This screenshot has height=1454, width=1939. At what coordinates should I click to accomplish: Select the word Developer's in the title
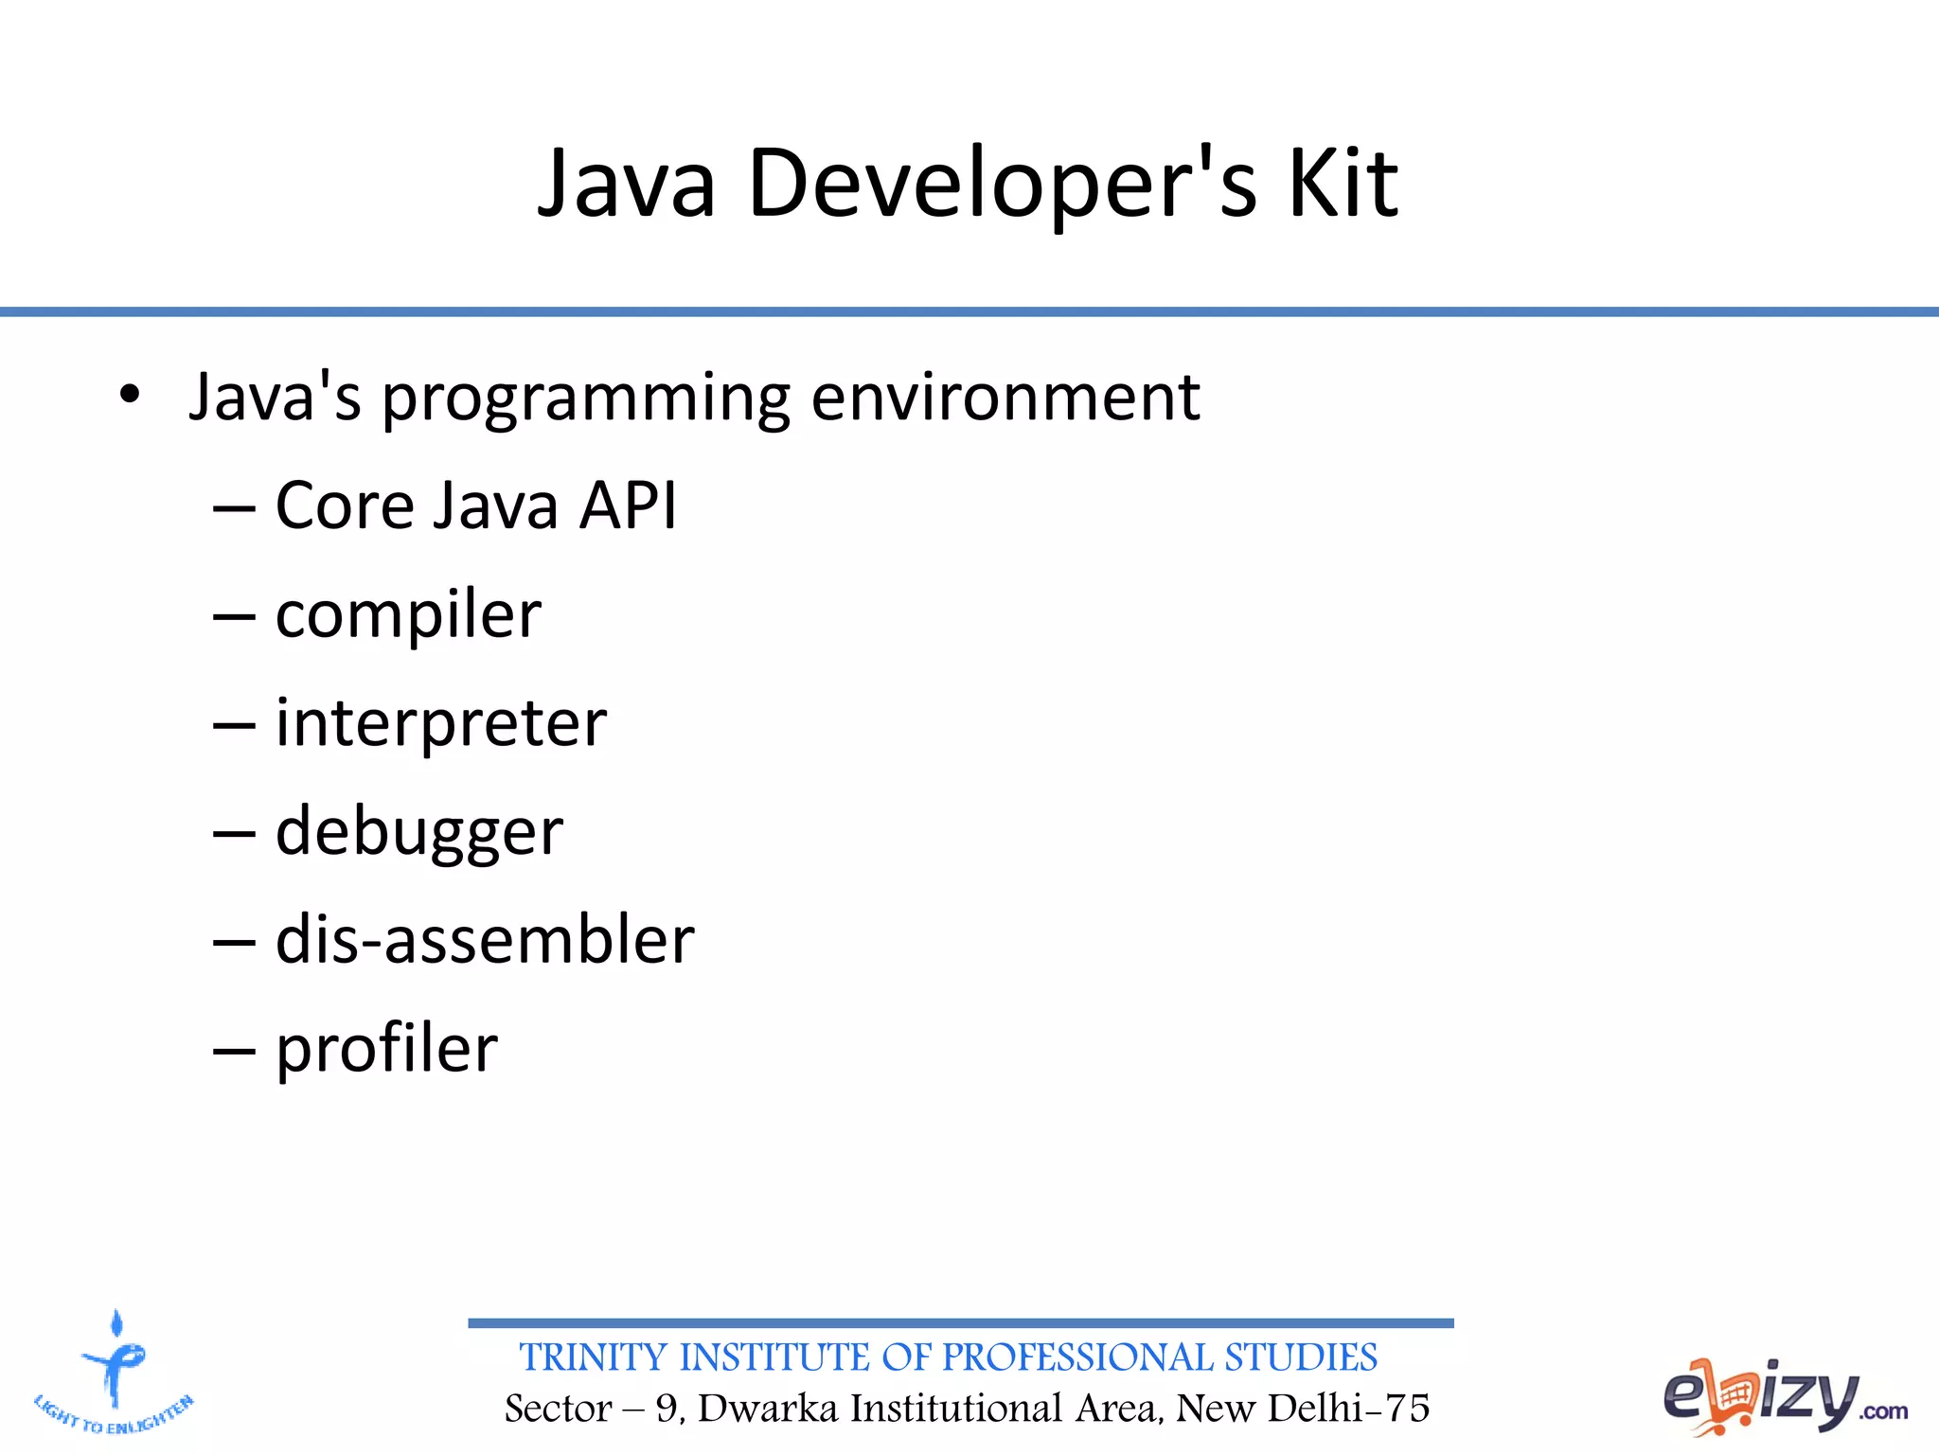tap(1002, 185)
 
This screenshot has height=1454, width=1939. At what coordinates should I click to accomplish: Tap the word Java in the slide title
tap(626, 185)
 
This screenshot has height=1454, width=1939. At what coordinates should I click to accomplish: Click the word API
tap(628, 505)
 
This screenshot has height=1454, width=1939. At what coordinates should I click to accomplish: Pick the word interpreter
tap(440, 724)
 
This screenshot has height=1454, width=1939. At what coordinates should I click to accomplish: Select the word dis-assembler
tap(485, 940)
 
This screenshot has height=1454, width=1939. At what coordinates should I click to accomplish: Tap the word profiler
tap(386, 1050)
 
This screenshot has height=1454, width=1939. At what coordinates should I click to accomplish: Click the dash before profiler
tap(234, 1051)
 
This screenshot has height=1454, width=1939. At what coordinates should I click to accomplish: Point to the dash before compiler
tap(234, 617)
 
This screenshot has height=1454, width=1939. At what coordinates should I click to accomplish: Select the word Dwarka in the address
tap(768, 1409)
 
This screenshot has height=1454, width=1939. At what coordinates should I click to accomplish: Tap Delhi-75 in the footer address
tap(1348, 1409)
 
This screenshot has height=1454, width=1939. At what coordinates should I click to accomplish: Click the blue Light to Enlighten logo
tap(114, 1373)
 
